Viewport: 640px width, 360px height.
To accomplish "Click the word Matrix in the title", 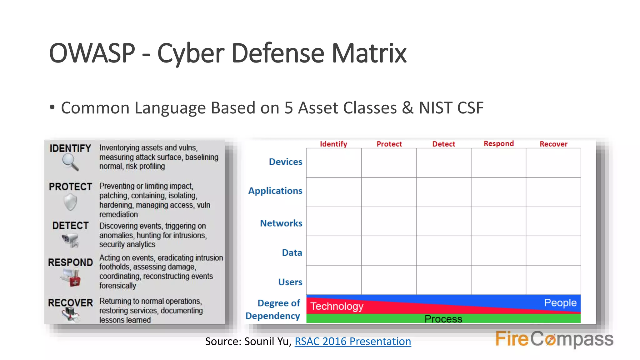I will click(x=369, y=53).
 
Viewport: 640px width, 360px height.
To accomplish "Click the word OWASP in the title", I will click(x=92, y=53).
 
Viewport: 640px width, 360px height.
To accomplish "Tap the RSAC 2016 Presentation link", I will click(x=352, y=341).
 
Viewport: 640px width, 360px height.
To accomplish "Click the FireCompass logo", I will click(x=554, y=339).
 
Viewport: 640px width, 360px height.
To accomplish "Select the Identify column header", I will click(x=333, y=144).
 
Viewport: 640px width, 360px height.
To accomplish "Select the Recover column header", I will click(x=553, y=144).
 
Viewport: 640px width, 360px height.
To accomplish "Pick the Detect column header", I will click(x=443, y=144).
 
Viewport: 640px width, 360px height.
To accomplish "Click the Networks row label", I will click(x=281, y=223).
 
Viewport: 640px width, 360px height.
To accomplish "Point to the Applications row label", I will click(x=275, y=191).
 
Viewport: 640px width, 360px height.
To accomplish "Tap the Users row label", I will click(x=290, y=282).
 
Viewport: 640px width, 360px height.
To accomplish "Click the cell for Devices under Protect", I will click(x=389, y=163).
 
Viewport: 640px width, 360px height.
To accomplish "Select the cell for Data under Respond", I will click(x=498, y=251).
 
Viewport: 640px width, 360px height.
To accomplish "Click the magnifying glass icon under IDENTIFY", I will click(x=70, y=162).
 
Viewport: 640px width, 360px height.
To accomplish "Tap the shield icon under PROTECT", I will click(x=70, y=202).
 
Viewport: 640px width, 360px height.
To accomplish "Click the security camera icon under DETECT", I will click(x=70, y=240).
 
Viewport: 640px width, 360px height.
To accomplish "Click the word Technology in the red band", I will click(x=337, y=306).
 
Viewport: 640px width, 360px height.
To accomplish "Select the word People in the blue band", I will click(x=560, y=302).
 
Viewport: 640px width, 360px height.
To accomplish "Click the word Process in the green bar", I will click(x=443, y=319).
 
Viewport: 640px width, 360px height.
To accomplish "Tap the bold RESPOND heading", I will click(x=70, y=262).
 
